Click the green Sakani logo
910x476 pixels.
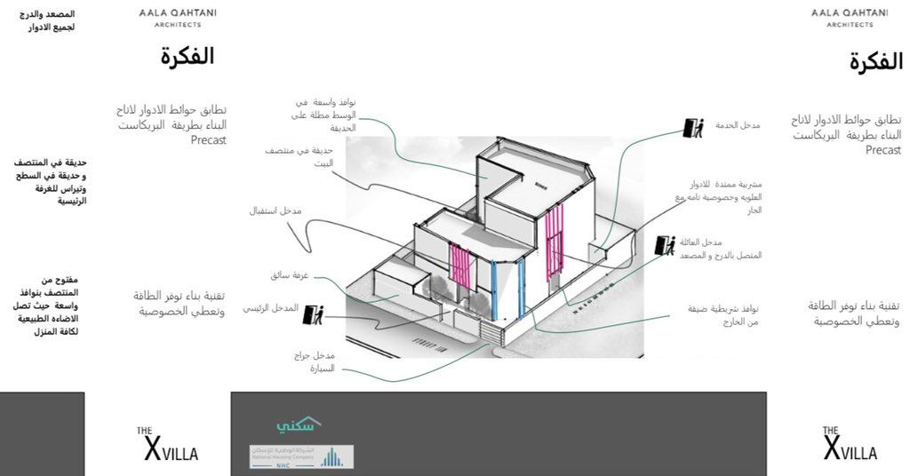[297, 425]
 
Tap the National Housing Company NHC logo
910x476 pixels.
[301, 456]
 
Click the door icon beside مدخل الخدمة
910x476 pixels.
[691, 127]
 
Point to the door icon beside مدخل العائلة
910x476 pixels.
[665, 245]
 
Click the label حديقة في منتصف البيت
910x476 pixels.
[291, 157]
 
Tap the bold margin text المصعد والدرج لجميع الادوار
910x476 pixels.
[52, 21]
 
